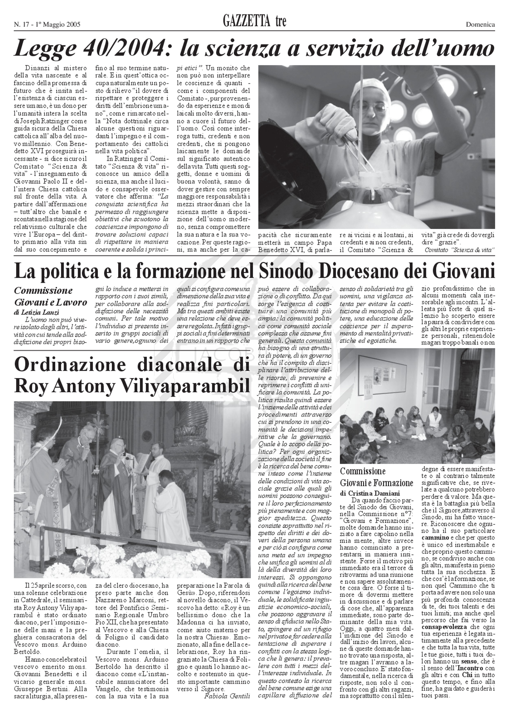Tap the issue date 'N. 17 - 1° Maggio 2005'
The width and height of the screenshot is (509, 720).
(47, 24)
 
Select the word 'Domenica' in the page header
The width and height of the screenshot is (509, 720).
(480, 24)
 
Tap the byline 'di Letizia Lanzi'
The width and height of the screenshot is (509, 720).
(36, 312)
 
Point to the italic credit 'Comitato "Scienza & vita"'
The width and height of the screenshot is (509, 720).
(460, 250)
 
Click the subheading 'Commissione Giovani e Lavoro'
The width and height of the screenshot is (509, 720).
(50, 296)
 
